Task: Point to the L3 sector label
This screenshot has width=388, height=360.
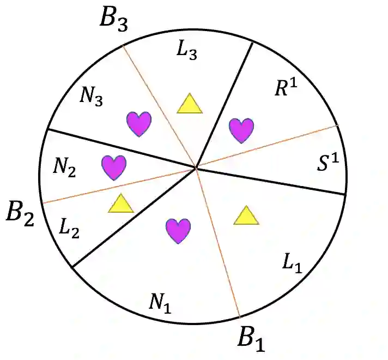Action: [x=187, y=50]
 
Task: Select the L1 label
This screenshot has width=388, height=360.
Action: [x=292, y=264]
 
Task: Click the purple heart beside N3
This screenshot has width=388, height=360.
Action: [x=138, y=124]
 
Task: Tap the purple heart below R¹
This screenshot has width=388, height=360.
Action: [x=241, y=130]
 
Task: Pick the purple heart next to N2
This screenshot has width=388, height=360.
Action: [x=114, y=167]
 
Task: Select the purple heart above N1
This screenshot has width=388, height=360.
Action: [x=178, y=230]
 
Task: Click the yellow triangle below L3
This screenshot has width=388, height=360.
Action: [x=189, y=104]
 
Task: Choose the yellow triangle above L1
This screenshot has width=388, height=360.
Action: [x=246, y=216]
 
